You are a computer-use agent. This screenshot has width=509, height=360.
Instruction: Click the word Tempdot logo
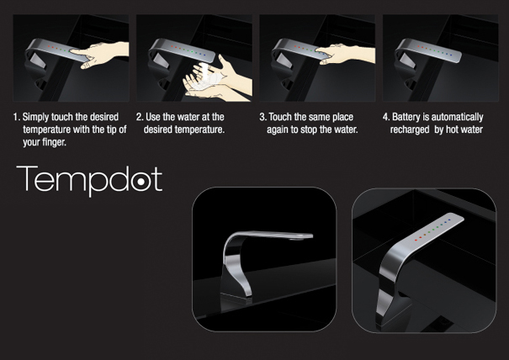(89, 179)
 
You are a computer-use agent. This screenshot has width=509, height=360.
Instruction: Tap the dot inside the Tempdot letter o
(141, 182)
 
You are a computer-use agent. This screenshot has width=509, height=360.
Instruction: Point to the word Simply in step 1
(36, 118)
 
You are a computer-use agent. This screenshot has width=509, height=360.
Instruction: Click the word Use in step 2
(152, 117)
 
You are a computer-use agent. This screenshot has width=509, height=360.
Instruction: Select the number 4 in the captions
(385, 117)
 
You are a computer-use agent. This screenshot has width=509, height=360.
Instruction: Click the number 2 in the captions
(140, 117)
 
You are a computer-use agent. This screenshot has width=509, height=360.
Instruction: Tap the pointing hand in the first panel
(100, 54)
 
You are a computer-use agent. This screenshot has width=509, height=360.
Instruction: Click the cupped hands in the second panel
(217, 81)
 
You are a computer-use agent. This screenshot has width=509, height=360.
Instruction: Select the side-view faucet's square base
(236, 298)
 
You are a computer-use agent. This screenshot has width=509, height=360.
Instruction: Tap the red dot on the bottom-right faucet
(416, 240)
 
